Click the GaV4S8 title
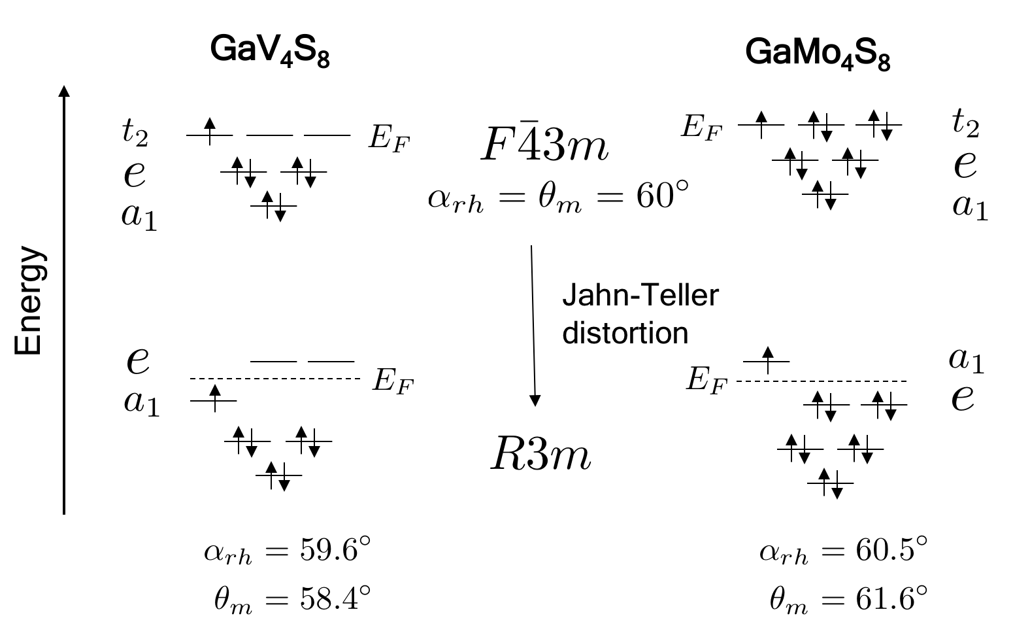[x=269, y=51]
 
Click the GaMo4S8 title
[x=818, y=54]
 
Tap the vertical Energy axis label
[x=29, y=301]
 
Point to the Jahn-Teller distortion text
[x=639, y=314]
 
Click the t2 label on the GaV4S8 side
[x=135, y=133]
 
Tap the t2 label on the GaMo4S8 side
[x=965, y=124]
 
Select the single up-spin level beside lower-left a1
[x=214, y=399]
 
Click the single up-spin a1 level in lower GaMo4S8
[x=767, y=360]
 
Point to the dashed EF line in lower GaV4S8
[x=274, y=379]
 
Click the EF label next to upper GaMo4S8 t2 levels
[x=701, y=126]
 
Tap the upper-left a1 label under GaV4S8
[x=139, y=216]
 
